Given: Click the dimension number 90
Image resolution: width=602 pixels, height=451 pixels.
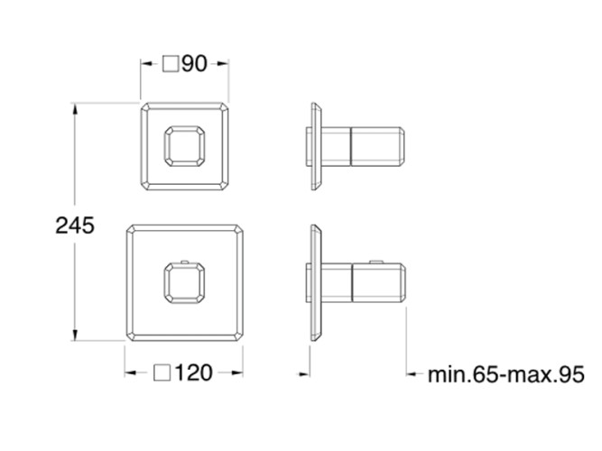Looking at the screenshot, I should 195,64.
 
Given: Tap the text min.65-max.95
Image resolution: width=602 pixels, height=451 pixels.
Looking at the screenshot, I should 506,373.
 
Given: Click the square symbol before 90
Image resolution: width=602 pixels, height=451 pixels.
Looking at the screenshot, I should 171,64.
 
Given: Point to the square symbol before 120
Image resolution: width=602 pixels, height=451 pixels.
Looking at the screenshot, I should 163,372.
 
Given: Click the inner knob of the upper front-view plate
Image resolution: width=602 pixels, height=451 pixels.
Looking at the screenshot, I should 184,145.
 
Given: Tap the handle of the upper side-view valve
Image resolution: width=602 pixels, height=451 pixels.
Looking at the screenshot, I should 379,145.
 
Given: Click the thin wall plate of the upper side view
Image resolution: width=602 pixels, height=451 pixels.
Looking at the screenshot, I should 315,145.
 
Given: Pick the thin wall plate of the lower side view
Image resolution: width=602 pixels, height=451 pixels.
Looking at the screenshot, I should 315,282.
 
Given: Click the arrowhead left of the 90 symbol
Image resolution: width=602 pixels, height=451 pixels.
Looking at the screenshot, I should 146,64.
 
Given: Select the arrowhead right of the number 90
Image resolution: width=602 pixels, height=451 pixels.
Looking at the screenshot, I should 223,64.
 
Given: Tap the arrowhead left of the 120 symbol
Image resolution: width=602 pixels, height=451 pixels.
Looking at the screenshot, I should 132,372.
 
